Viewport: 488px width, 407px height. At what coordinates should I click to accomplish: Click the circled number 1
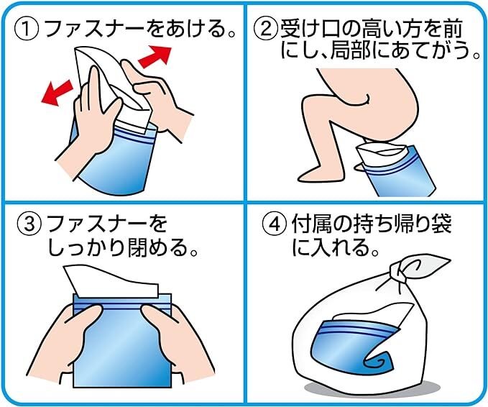tap(27, 29)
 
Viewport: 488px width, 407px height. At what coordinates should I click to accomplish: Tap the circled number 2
tap(265, 29)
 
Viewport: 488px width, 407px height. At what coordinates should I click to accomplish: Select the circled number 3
tap(29, 224)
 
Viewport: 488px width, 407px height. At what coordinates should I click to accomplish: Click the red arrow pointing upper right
tap(155, 56)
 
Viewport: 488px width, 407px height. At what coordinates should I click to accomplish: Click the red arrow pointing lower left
tap(57, 93)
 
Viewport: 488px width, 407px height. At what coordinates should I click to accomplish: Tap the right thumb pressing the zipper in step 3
tap(153, 314)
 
